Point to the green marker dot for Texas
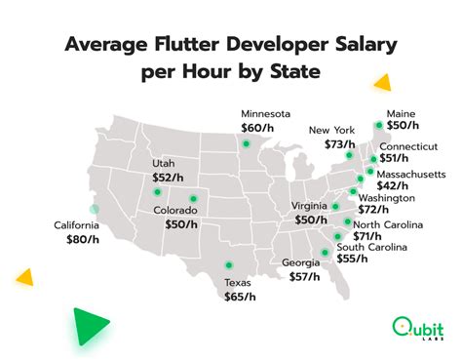tap(229, 263)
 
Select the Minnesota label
tap(268, 112)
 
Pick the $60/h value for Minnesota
tap(260, 127)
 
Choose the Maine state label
tap(403, 112)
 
